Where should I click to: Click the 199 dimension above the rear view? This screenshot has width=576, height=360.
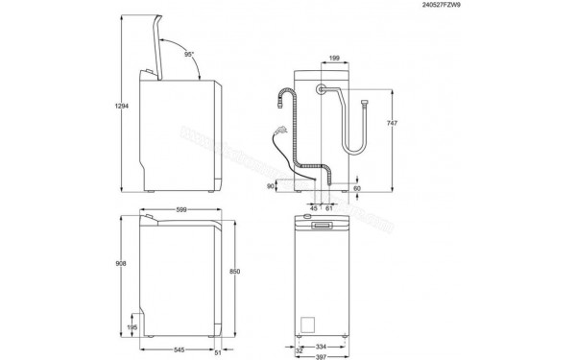click(x=332, y=59)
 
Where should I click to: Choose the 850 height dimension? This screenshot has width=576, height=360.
click(x=249, y=272)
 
